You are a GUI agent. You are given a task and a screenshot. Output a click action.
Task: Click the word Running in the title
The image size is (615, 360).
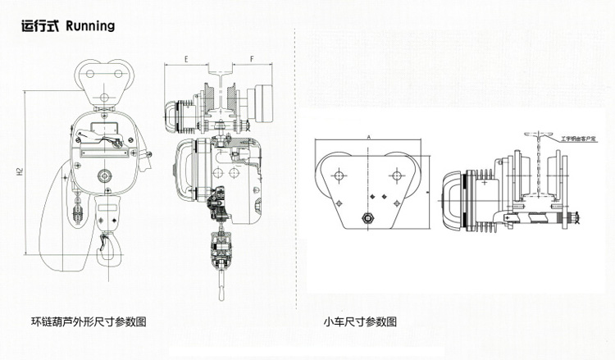point(86,25)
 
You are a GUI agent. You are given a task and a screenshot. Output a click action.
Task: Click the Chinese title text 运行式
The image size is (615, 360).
point(39,25)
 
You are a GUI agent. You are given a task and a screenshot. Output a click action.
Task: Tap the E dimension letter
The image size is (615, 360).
point(187,60)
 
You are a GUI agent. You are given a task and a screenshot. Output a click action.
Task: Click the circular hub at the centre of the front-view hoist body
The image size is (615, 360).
point(104,175)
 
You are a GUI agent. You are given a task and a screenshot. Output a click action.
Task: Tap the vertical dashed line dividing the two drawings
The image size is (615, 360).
point(295,164)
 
